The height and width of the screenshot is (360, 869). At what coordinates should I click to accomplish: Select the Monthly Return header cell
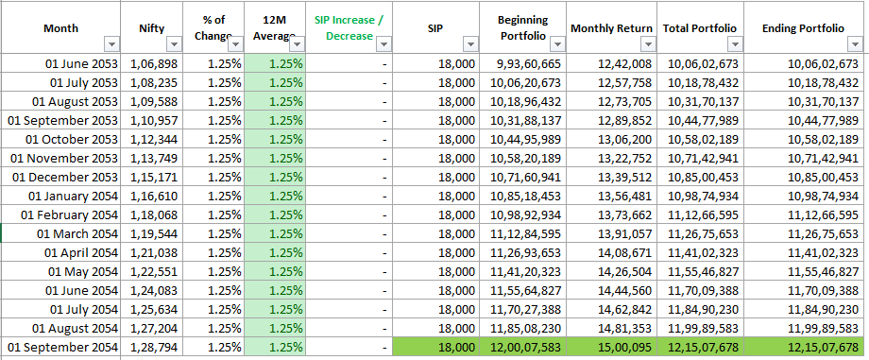coord(611,28)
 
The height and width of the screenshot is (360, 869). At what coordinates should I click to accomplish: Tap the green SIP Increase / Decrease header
coord(349,28)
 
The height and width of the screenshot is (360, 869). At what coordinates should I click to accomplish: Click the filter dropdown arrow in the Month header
coord(112,44)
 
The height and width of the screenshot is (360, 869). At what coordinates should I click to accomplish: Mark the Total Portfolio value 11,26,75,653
coord(704,233)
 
